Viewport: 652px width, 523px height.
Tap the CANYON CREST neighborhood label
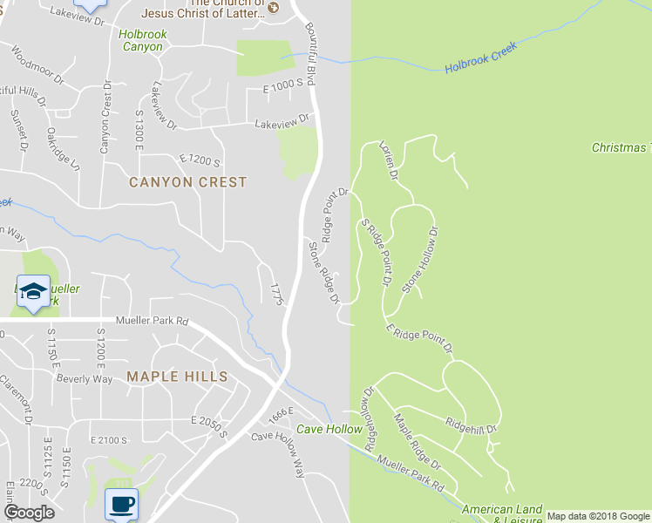pyautogui.click(x=188, y=182)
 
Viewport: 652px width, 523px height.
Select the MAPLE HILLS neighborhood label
pyautogui.click(x=177, y=377)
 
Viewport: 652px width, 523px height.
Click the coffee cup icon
pyautogui.click(x=121, y=502)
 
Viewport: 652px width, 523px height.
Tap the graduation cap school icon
pyautogui.click(x=32, y=291)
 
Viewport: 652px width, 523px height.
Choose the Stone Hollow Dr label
pyautogui.click(x=420, y=259)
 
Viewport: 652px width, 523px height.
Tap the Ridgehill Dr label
pyautogui.click(x=471, y=426)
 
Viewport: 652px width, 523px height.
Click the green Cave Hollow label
pyautogui.click(x=329, y=429)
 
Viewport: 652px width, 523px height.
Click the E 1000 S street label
pyautogui.click(x=287, y=83)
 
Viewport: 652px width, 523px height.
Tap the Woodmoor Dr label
pyautogui.click(x=38, y=65)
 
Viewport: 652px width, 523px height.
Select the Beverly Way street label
pyautogui.click(x=85, y=379)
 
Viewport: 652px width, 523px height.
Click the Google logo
pyautogui.click(x=29, y=513)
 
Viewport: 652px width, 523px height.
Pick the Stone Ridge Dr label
pyautogui.click(x=323, y=272)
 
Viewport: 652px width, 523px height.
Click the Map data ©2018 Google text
pyautogui.click(x=597, y=516)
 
